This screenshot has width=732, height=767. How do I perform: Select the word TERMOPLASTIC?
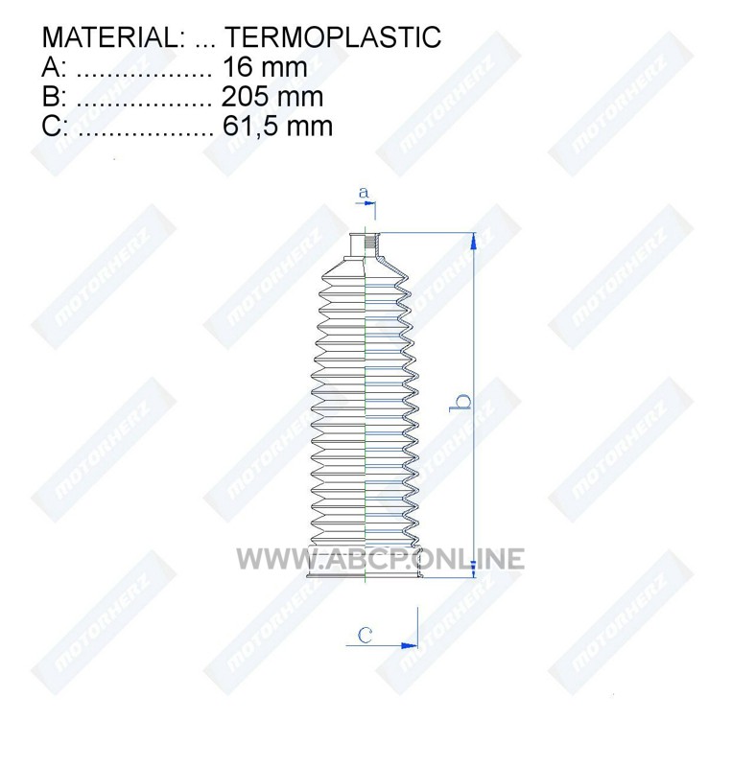coord(333,37)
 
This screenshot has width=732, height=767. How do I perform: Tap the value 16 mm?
coord(265,67)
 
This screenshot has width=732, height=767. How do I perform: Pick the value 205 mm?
coord(272,97)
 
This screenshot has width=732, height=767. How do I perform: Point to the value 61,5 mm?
coord(277,126)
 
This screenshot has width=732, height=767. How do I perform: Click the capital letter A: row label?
coord(54,67)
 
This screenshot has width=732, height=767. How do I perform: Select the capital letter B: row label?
coord(54,97)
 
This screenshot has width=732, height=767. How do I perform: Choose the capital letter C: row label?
coord(55,126)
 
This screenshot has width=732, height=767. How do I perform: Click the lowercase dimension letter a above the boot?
coord(363,193)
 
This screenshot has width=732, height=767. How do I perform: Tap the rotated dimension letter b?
coord(460,402)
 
